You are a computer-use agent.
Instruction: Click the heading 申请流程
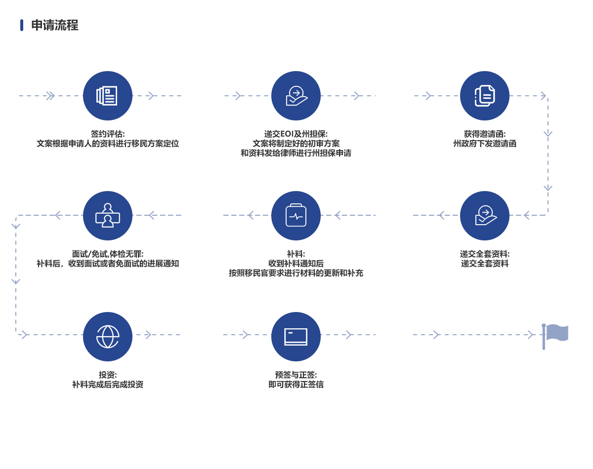(55, 25)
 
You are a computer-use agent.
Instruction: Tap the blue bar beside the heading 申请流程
(22, 25)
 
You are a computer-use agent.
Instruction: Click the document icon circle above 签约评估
(107, 96)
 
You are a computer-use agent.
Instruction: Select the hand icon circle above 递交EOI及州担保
(296, 96)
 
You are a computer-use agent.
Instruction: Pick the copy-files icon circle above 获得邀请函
(485, 96)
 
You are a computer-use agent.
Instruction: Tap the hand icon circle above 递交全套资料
(485, 216)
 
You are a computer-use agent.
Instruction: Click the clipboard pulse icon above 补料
(296, 216)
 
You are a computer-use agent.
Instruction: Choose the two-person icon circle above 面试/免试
(107, 216)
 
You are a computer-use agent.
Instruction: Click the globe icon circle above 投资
(107, 337)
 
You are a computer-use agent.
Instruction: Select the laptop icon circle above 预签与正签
(296, 337)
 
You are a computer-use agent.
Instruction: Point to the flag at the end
(555, 337)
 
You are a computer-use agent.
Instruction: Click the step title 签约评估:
(108, 134)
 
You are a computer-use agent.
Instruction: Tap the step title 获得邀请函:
(485, 134)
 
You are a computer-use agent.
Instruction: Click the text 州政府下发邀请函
(485, 144)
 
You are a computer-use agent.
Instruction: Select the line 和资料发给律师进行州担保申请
(296, 153)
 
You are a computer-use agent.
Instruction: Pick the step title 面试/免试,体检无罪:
(108, 254)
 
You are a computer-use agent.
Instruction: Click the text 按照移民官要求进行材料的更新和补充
(296, 273)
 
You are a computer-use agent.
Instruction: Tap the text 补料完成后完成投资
(108, 384)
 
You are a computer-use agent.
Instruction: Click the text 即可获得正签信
(296, 384)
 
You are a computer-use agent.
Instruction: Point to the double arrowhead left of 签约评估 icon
(50, 96)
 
